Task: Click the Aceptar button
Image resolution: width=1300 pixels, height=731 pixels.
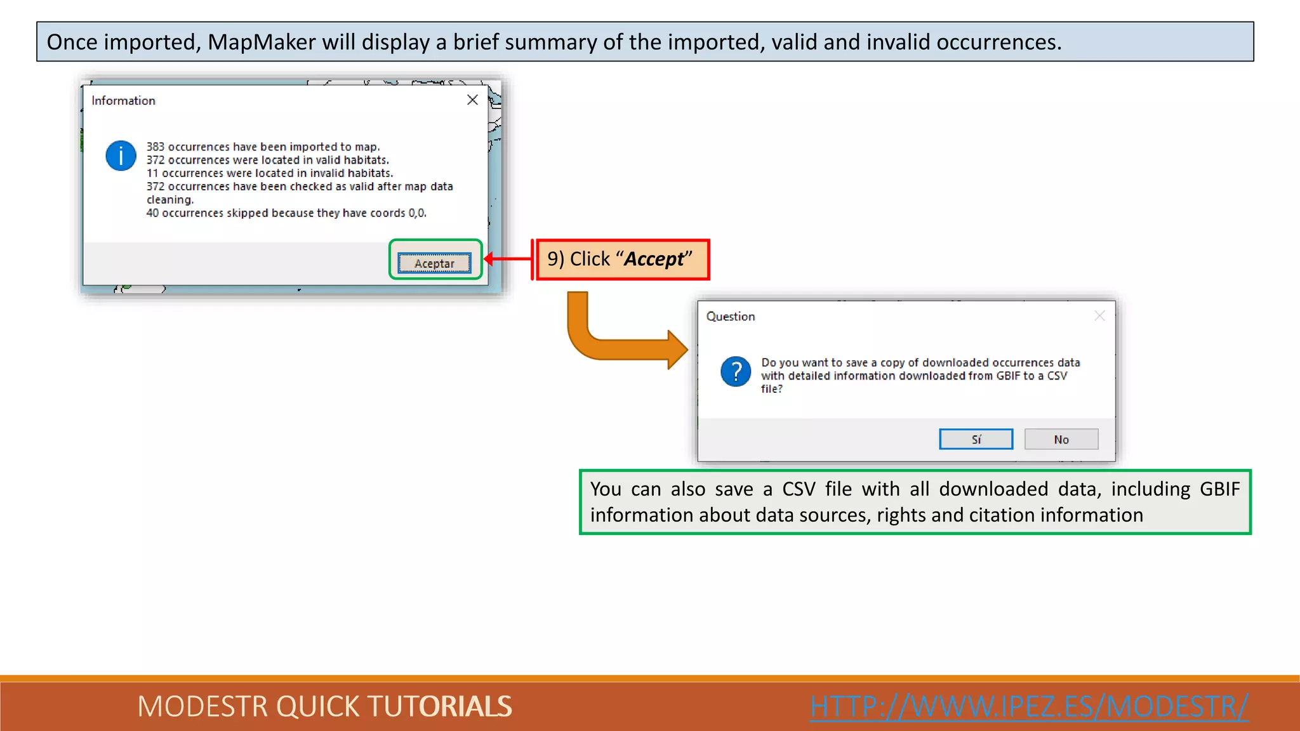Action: point(434,263)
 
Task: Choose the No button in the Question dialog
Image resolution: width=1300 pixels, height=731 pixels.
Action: point(1061,439)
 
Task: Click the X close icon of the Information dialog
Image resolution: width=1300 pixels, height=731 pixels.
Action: point(472,100)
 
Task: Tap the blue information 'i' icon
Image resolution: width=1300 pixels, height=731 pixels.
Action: point(121,155)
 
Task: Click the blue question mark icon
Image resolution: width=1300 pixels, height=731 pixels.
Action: point(736,371)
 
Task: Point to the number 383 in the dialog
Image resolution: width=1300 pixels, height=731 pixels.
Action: point(155,147)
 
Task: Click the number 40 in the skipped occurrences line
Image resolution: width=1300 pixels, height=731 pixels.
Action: point(152,213)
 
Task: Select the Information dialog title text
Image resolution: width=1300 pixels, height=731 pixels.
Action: point(123,100)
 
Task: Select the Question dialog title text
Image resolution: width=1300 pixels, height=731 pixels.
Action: point(730,316)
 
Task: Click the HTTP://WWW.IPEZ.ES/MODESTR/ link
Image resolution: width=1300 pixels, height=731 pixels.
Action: point(1028,706)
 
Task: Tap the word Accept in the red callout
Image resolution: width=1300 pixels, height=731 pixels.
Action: point(654,259)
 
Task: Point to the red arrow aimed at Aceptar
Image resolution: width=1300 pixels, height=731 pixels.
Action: point(508,259)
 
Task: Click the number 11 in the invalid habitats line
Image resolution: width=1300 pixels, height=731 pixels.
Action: point(152,173)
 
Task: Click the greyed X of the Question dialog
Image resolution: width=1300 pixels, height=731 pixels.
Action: point(1099,316)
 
